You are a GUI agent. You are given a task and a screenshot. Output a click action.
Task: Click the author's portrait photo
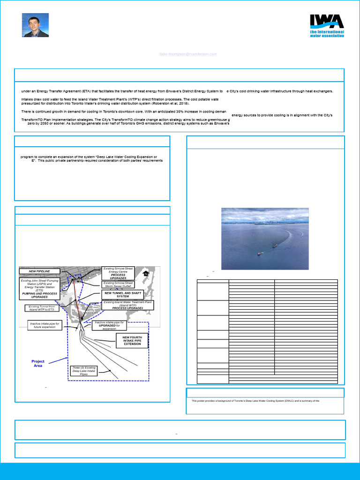pos(35,25)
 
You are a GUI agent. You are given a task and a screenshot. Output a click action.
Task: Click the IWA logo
pos(327,25)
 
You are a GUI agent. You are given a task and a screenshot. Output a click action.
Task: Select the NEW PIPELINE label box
pos(39,271)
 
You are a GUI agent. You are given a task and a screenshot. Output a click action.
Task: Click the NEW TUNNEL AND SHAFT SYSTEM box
pos(123,294)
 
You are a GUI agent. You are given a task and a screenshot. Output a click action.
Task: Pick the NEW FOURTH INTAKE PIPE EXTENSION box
pos(132,341)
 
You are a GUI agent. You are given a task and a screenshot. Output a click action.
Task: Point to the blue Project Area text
pos(38,363)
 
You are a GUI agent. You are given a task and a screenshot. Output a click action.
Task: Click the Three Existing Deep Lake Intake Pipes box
pos(84,371)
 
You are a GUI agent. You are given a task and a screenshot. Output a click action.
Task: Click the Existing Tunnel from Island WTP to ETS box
pos(42,308)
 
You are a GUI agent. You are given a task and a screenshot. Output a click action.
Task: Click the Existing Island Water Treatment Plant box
pos(124,305)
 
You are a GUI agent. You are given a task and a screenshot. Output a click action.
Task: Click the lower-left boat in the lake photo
pos(260,253)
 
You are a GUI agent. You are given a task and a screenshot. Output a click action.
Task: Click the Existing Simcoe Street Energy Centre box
pos(118,273)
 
